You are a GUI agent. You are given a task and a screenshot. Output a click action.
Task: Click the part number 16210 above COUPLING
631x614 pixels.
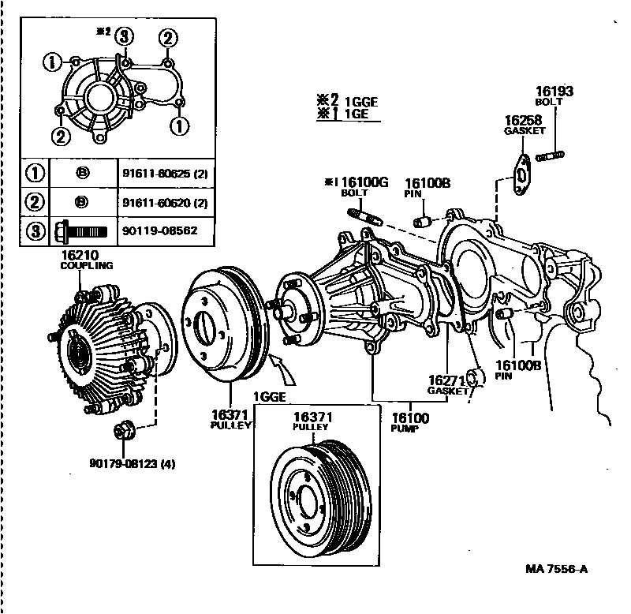click(x=78, y=256)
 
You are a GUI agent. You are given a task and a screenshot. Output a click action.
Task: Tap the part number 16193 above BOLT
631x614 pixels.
click(x=554, y=92)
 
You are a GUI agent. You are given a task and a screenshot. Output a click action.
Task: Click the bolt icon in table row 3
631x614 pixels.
click(x=81, y=231)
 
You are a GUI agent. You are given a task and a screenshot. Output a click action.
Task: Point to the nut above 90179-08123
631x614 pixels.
click(x=123, y=432)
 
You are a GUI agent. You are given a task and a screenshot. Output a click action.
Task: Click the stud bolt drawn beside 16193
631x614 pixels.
click(x=549, y=155)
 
